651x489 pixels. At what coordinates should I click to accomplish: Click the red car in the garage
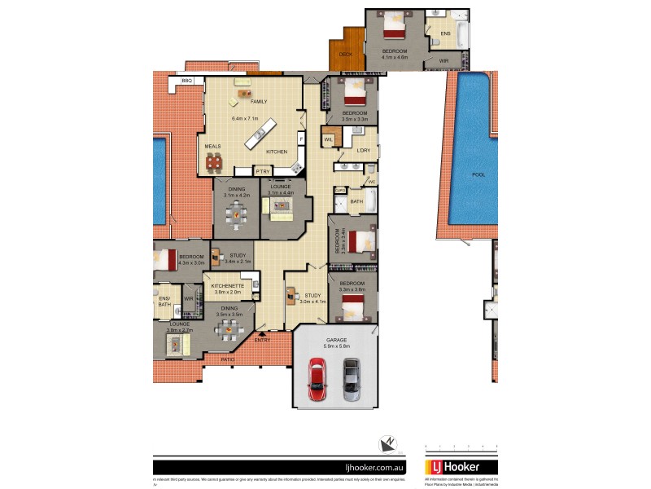316,379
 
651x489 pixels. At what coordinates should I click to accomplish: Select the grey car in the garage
352,379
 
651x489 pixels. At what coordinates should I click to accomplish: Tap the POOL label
478,174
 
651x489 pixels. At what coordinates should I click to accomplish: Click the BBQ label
187,81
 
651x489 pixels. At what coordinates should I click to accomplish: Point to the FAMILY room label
259,101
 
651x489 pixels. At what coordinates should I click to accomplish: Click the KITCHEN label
277,152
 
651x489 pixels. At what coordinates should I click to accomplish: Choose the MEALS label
213,147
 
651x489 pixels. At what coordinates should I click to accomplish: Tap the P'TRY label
262,171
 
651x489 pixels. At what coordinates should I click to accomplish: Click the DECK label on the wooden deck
345,54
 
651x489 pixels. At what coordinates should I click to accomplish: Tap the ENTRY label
262,340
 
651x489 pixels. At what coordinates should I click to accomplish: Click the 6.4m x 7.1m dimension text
244,119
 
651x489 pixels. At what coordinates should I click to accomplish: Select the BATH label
356,201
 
